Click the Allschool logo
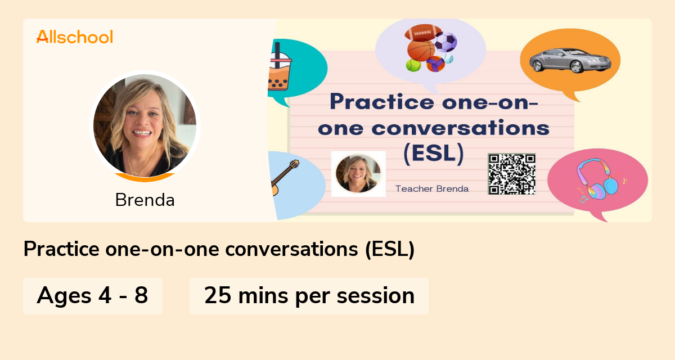click(x=75, y=37)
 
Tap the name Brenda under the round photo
click(x=145, y=200)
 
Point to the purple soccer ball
click(x=446, y=42)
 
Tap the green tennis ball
click(x=413, y=65)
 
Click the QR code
click(x=511, y=174)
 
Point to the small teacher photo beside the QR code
click(x=358, y=174)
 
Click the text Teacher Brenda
click(x=432, y=188)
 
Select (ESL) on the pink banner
click(x=434, y=154)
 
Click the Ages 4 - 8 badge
click(x=93, y=295)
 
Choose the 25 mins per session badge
click(x=309, y=295)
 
